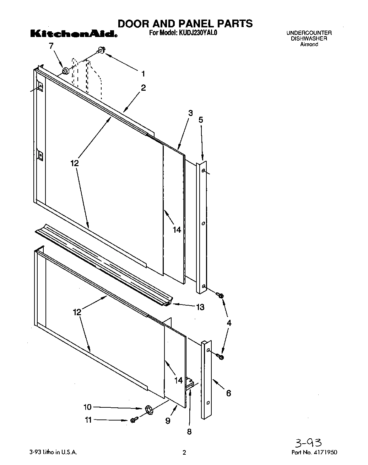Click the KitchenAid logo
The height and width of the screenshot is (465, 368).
point(73,35)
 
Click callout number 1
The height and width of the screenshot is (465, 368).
point(143,74)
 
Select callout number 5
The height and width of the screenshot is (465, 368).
point(201,120)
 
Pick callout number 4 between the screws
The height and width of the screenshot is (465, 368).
point(229,323)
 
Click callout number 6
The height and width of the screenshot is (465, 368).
point(228,393)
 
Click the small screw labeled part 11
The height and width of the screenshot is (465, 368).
point(134,420)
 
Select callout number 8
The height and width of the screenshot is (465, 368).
point(189,432)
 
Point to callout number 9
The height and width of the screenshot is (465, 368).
point(168,421)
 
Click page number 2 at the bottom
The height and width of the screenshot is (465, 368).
point(184,453)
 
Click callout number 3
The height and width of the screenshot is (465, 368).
point(190,113)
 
